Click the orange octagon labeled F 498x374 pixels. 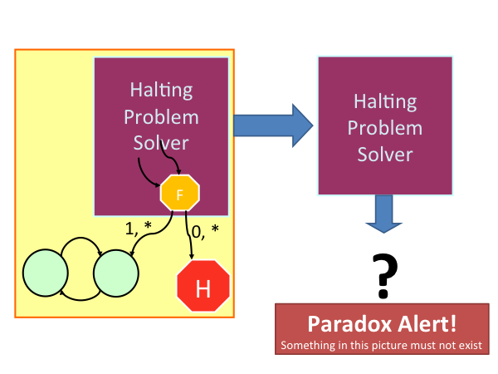click(x=180, y=193)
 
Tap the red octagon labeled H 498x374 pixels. click(x=203, y=286)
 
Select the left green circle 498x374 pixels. click(x=46, y=273)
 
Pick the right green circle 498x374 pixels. click(x=116, y=273)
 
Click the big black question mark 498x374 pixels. click(x=384, y=276)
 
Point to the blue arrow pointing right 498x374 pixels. click(x=273, y=125)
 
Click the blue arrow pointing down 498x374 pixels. click(x=384, y=214)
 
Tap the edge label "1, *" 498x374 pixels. click(x=138, y=228)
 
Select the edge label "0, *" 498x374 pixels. click(x=205, y=232)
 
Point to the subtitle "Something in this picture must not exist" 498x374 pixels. click(x=381, y=346)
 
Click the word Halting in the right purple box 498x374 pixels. click(x=385, y=101)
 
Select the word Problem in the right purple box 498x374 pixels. click(x=385, y=128)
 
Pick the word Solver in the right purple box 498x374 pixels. click(x=385, y=155)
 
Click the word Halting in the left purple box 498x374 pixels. click(x=161, y=90)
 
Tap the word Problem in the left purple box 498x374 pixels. click(x=161, y=116)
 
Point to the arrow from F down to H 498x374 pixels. click(x=189, y=234)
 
